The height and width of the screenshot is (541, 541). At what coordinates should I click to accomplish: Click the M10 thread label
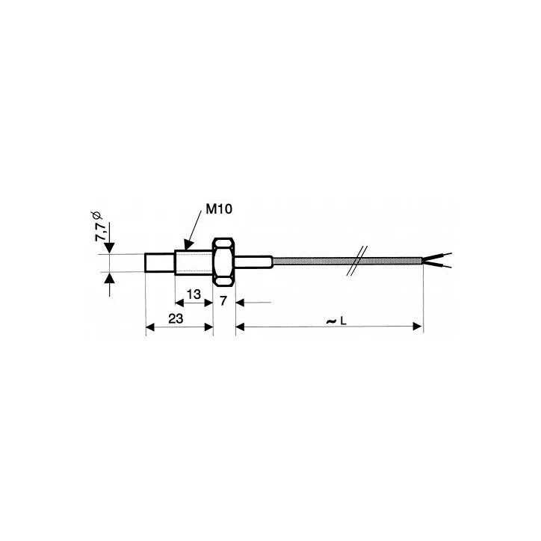(219, 209)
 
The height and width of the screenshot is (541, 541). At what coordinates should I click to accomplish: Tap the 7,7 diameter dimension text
(100, 232)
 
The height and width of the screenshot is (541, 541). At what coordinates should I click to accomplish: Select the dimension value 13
(194, 294)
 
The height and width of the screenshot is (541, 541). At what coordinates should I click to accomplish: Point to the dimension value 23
(176, 318)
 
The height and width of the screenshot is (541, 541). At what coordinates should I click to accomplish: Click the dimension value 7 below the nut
(223, 301)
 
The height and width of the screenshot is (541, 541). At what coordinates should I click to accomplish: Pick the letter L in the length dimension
(343, 321)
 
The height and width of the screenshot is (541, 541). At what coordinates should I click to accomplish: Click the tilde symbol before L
(331, 321)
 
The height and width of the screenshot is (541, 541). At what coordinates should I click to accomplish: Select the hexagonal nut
(224, 262)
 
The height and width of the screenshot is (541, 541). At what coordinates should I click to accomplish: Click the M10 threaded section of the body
(194, 262)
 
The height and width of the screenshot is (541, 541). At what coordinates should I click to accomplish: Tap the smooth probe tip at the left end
(160, 263)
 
